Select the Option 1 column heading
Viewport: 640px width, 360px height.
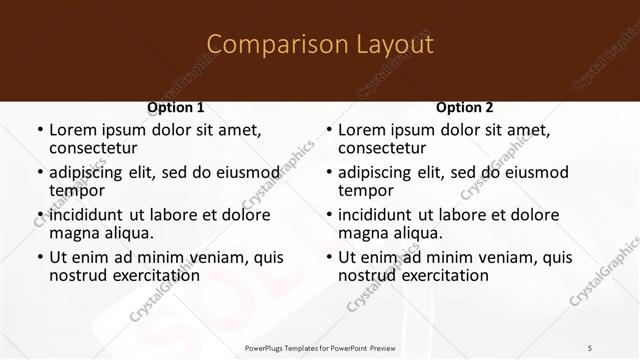[x=176, y=107]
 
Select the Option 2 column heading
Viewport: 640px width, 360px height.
[x=465, y=107]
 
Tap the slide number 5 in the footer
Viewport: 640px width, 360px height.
[x=590, y=348]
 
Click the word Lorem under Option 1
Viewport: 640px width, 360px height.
[x=72, y=130]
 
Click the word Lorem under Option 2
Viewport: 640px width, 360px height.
[x=361, y=130]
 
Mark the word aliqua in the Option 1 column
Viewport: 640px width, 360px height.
[x=128, y=233]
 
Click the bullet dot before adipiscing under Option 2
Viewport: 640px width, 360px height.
[x=329, y=173]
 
